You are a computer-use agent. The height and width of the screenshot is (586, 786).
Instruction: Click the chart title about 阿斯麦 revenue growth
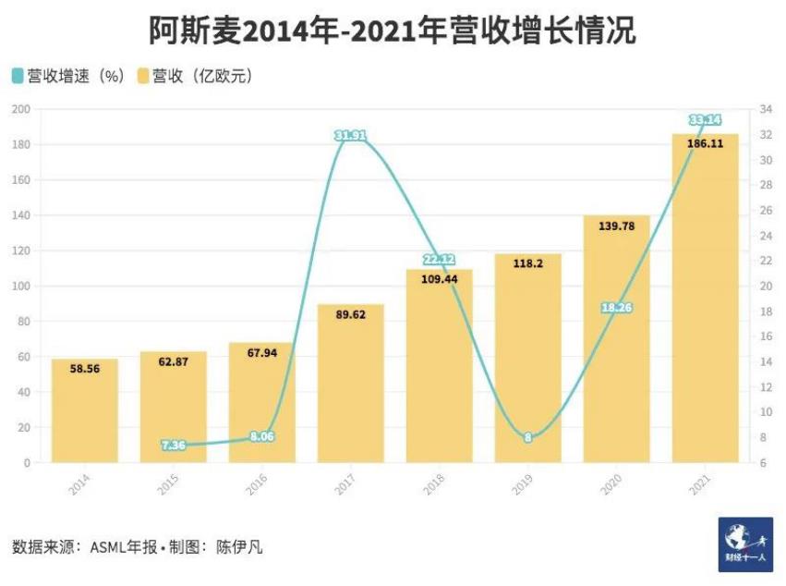(x=393, y=31)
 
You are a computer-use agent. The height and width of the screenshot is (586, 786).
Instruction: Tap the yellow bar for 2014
(x=85, y=411)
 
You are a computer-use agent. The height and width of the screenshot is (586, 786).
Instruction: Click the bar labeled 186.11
(x=705, y=305)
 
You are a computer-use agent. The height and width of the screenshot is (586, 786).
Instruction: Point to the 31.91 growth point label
(x=350, y=136)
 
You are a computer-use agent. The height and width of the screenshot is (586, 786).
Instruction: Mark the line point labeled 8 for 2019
(x=527, y=437)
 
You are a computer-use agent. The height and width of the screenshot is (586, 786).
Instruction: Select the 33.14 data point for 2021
(x=705, y=120)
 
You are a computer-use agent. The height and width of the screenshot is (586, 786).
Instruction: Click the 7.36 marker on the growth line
(x=174, y=445)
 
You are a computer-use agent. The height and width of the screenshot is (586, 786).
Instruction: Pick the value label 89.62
(x=350, y=314)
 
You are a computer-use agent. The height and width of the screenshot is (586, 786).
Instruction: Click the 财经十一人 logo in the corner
(x=745, y=544)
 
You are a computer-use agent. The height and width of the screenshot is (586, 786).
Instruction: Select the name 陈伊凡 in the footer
(x=243, y=546)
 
